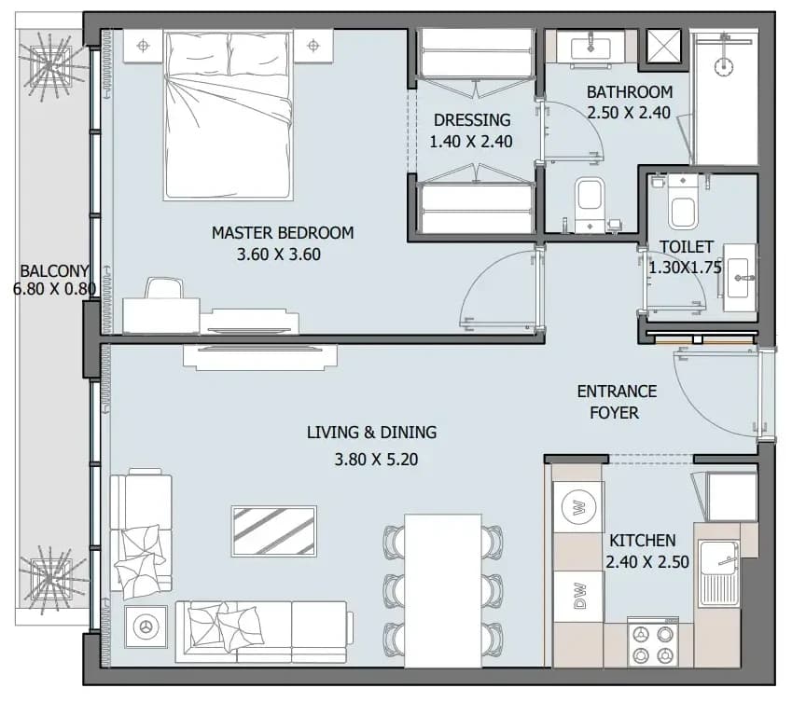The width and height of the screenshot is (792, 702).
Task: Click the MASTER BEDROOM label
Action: tap(283, 233)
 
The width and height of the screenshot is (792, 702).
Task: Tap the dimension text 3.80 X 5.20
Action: tap(376, 460)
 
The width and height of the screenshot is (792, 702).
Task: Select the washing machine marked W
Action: tap(579, 506)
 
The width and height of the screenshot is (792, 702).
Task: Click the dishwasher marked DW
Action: tap(579, 596)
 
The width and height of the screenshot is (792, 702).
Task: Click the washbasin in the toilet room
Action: tap(740, 278)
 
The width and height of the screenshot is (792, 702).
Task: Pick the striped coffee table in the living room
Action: tap(273, 530)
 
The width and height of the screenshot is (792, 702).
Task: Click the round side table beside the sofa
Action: tap(146, 626)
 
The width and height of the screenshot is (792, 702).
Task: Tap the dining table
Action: tap(443, 590)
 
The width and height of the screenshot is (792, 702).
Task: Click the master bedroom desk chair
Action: tap(164, 288)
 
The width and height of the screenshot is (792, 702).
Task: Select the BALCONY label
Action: tap(54, 271)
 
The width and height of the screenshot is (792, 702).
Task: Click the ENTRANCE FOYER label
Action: tap(617, 402)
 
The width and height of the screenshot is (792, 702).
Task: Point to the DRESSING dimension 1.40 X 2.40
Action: tap(471, 142)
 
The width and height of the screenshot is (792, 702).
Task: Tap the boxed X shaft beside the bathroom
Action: tap(663, 47)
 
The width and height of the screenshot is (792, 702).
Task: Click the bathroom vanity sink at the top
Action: tap(591, 49)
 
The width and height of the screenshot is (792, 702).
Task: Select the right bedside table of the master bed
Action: tap(313, 46)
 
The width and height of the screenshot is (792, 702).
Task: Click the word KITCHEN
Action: tap(642, 541)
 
